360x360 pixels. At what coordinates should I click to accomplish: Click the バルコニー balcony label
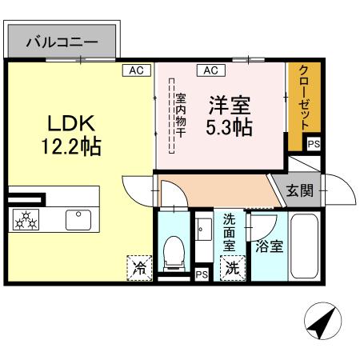[x=62, y=42]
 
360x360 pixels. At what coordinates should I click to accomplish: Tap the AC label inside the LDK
[x=136, y=70]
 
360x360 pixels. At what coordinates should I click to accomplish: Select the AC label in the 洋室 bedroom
[x=210, y=70]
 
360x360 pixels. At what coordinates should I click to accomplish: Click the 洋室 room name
[x=231, y=104]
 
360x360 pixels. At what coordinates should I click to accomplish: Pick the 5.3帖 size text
[x=231, y=126]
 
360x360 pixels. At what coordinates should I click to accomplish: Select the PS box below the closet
[x=314, y=144]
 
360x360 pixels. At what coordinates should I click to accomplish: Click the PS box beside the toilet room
[x=202, y=274]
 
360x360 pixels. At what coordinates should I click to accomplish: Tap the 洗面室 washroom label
[x=229, y=232]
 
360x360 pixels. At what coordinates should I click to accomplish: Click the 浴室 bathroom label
[x=268, y=246]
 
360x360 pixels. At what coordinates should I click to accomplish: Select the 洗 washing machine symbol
[x=231, y=268]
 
